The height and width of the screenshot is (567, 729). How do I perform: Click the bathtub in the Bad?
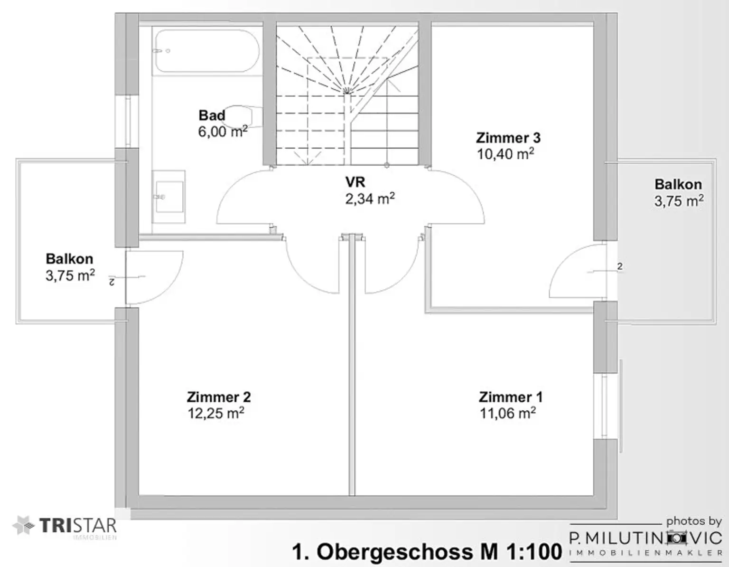[207, 51]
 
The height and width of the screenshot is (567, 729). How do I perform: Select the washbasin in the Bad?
[168, 197]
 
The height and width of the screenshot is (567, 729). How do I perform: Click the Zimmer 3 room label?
[508, 138]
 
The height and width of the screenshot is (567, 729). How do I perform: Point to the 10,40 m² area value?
[505, 154]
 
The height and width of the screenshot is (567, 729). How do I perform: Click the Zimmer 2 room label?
[219, 397]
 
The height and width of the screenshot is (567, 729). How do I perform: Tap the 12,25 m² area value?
[216, 413]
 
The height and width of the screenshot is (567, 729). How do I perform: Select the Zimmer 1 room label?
[511, 397]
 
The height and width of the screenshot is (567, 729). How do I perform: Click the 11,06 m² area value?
[507, 413]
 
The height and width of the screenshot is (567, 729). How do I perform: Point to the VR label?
[355, 182]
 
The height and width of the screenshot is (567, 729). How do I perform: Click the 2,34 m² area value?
[370, 198]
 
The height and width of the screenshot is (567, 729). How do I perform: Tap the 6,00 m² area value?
[223, 132]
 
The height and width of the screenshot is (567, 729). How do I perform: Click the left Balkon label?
[69, 259]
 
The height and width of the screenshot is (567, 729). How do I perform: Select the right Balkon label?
[678, 185]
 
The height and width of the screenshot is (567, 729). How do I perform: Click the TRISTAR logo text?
[78, 526]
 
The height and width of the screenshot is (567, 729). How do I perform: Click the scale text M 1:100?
[521, 552]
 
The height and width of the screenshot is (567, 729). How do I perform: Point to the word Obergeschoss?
[396, 552]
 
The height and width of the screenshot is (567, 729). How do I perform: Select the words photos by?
[694, 521]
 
